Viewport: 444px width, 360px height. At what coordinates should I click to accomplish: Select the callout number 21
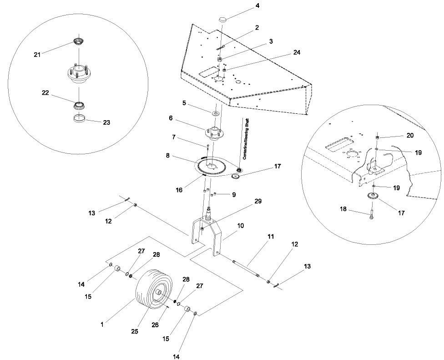[37, 54]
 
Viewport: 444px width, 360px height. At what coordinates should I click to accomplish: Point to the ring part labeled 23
[80, 120]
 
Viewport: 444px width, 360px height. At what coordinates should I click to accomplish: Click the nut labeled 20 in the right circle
[378, 137]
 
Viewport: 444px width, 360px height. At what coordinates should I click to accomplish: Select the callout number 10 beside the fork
[240, 226]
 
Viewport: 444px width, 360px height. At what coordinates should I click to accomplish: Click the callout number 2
[257, 27]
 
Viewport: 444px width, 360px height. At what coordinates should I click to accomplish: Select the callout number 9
[233, 195]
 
